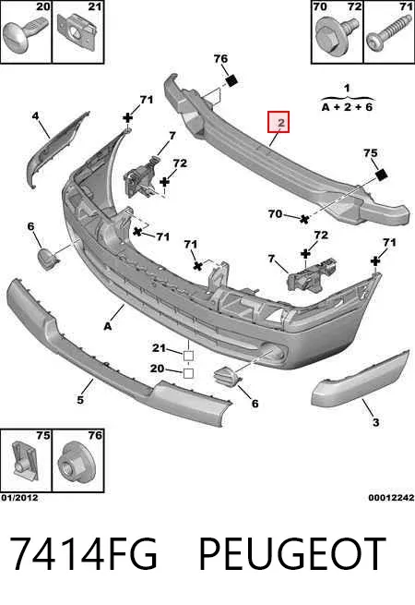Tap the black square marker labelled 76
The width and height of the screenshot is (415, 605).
pos(231,80)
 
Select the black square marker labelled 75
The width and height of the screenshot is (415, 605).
pos(381,175)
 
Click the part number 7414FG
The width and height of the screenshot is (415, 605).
pos(83,553)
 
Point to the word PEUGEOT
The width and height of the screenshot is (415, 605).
pos(292,553)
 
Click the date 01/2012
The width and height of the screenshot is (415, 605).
pos(19,498)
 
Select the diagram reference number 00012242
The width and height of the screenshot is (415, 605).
pos(391,498)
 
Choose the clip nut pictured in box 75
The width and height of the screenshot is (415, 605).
pos(26,462)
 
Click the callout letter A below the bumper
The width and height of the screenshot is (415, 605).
pos(108,326)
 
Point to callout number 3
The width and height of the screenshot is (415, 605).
pos(375,422)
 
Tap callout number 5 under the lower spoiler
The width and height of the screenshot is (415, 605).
pos(80,399)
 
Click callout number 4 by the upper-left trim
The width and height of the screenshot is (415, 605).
pos(35,115)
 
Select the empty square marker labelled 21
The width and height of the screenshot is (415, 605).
pos(188,356)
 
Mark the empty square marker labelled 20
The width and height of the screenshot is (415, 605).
pos(188,373)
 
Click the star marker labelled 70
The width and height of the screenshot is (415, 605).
pos(304,219)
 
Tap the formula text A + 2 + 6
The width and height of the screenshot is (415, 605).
pos(347,107)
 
